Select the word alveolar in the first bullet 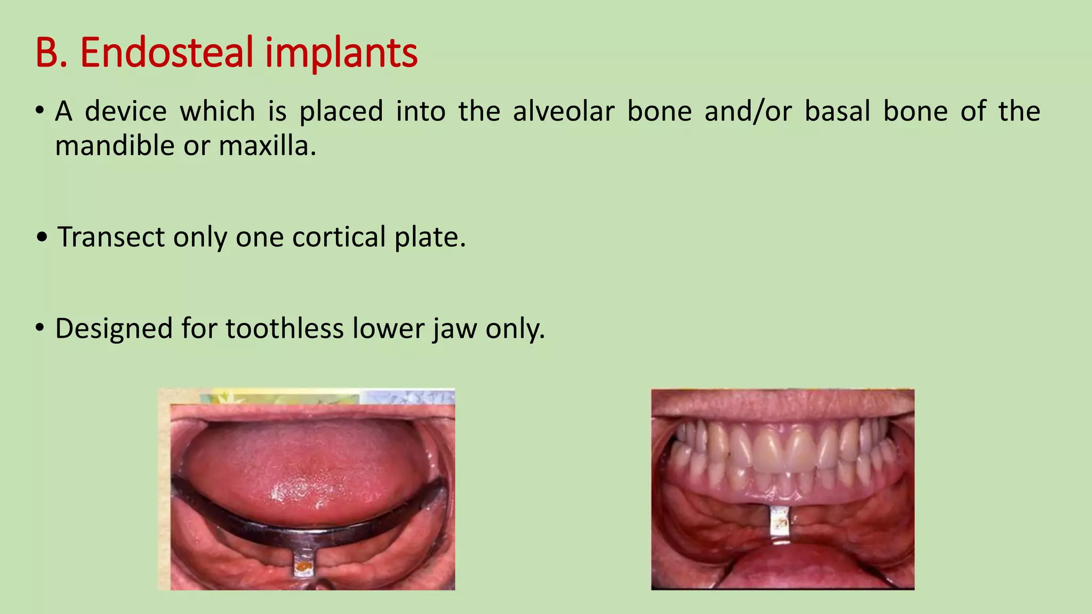pyautogui.click(x=564, y=111)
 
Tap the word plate pyautogui.click(x=430, y=238)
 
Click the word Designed pyautogui.click(x=113, y=328)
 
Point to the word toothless pyautogui.click(x=284, y=328)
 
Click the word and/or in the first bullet pyautogui.click(x=748, y=111)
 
